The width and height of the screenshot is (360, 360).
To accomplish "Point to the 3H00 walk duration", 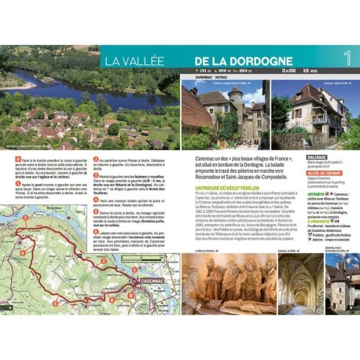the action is click(288, 72).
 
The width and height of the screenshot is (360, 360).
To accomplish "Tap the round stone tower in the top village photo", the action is click(237, 101).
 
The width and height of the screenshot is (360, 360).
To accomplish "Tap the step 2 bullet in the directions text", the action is click(95, 159).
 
